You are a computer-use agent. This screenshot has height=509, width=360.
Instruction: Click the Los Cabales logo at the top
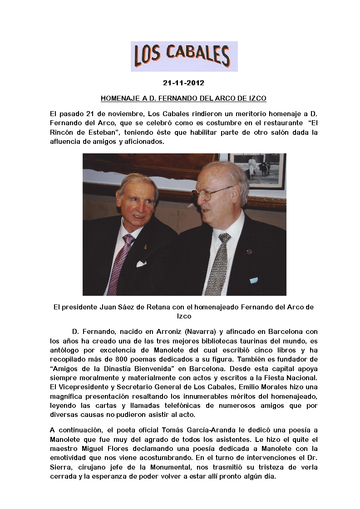(184, 56)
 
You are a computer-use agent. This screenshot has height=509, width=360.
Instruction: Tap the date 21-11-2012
(183, 83)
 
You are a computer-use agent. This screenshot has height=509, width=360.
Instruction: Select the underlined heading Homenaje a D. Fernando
(183, 98)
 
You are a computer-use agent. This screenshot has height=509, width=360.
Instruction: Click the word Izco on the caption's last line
(184, 316)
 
